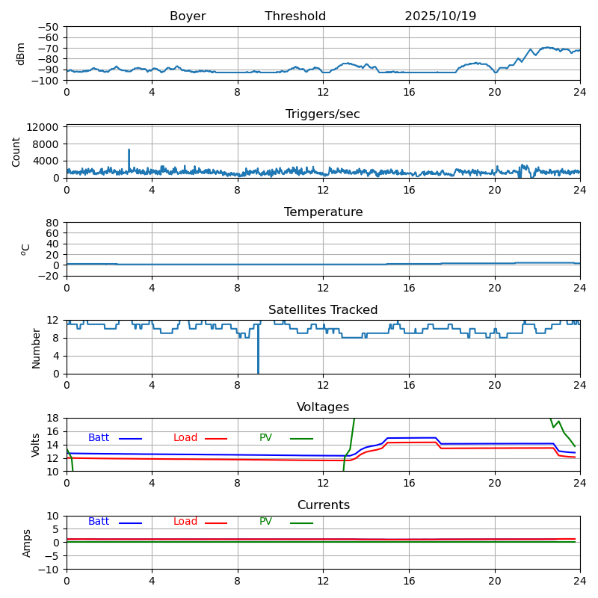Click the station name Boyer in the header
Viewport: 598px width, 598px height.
(x=188, y=16)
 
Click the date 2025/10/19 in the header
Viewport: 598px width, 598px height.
(x=440, y=16)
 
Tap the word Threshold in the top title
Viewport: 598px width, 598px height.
(x=295, y=16)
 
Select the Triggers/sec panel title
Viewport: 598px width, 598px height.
(x=323, y=114)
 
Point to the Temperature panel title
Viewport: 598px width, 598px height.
(x=323, y=212)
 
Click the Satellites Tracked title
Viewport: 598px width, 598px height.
(x=323, y=310)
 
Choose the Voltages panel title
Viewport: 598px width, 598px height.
(x=323, y=407)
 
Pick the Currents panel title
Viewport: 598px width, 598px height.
(x=323, y=505)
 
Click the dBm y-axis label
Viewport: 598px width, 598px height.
(x=21, y=53)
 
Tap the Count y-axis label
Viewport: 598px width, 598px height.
(x=16, y=151)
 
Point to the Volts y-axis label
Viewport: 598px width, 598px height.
(x=36, y=445)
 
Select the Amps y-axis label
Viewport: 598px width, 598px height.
(x=27, y=543)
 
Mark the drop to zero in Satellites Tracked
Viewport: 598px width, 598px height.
(x=258, y=359)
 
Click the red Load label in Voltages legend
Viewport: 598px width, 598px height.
(x=185, y=438)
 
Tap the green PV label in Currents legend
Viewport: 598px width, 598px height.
(x=265, y=522)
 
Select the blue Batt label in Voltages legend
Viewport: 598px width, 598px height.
(x=99, y=438)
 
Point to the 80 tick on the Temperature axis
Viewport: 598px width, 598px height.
(x=53, y=223)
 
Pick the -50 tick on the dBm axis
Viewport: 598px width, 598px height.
(x=49, y=27)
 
